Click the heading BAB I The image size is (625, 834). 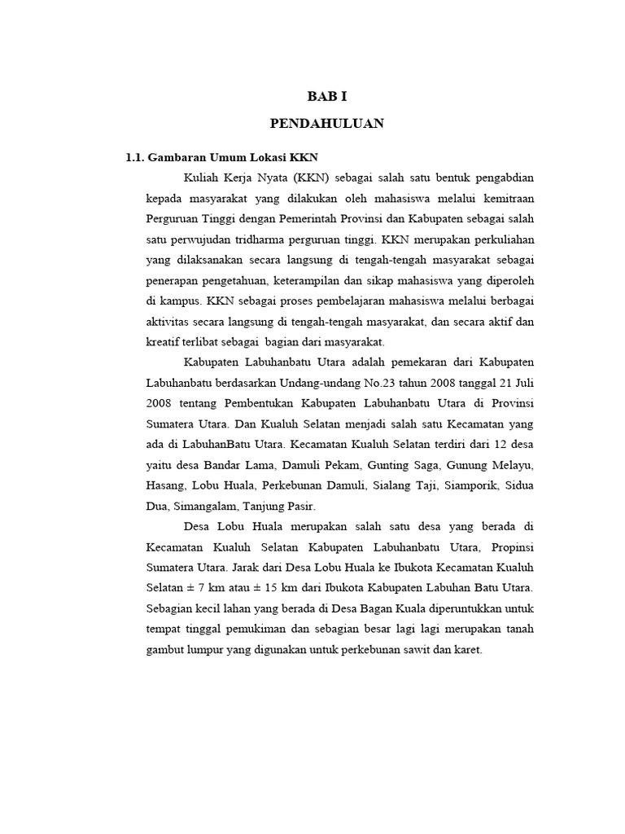[x=326, y=95]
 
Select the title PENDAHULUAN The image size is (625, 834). [x=326, y=125]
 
